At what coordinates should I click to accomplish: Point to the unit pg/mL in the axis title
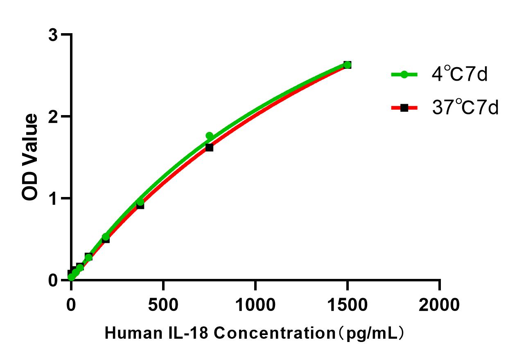(x=371, y=334)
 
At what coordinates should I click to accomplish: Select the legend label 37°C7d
(x=465, y=108)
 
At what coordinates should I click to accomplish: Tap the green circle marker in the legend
(x=404, y=75)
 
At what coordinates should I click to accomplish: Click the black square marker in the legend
(x=404, y=108)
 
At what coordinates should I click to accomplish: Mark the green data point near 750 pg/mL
(x=209, y=136)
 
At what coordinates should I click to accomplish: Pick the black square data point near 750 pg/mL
(x=209, y=147)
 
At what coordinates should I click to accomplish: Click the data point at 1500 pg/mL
(x=347, y=65)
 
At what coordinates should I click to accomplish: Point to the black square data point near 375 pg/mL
(x=140, y=205)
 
